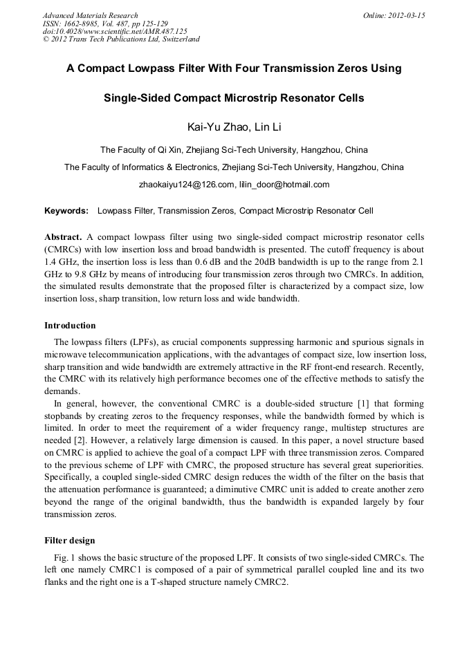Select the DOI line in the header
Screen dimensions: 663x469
click(x=115, y=31)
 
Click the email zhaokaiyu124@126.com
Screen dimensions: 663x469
click(x=186, y=185)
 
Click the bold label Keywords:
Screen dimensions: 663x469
click(x=66, y=210)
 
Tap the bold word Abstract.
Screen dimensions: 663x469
click(x=63, y=236)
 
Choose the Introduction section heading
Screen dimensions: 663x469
click(x=70, y=325)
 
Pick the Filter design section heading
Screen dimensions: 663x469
click(x=69, y=540)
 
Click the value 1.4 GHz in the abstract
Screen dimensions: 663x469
click(x=59, y=261)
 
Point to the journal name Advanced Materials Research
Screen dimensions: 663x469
click(x=90, y=15)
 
